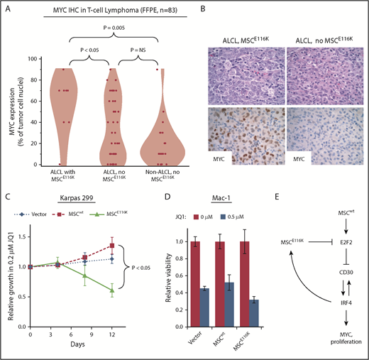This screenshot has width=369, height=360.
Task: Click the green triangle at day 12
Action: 132,290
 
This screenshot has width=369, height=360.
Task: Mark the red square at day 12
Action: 132,246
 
